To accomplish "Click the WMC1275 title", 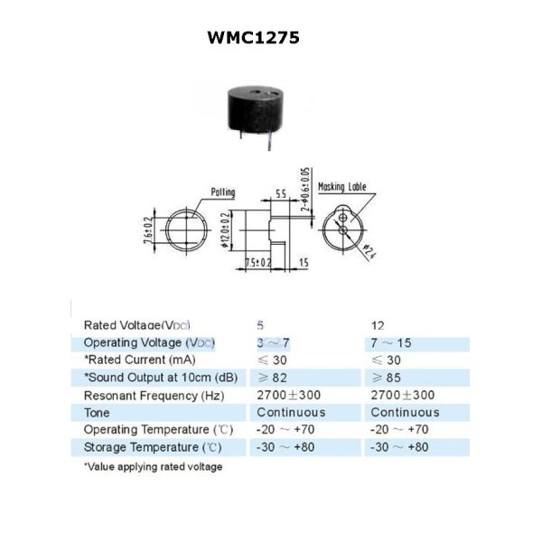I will click(x=253, y=38).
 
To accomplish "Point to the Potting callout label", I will click(x=222, y=192).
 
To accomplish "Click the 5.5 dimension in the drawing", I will click(x=280, y=194).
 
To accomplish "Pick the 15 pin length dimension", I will click(x=303, y=263).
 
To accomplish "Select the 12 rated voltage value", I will click(x=378, y=324).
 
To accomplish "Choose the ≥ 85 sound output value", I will click(x=390, y=378).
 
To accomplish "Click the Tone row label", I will click(x=98, y=413).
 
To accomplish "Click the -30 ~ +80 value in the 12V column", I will click(x=399, y=447).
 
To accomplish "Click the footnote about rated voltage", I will click(x=153, y=467).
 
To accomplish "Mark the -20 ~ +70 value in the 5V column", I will click(x=286, y=430).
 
